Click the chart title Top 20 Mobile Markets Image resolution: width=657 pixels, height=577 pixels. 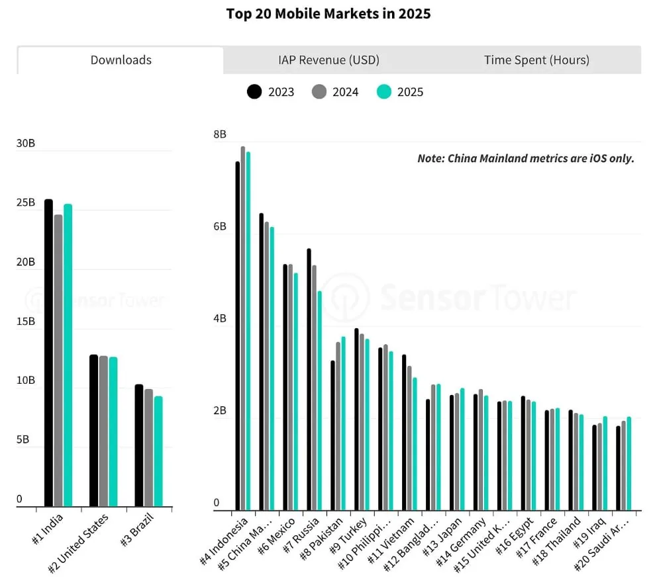(328, 14)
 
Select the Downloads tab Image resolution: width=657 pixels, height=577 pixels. (121, 60)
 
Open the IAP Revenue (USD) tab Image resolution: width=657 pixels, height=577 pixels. (328, 60)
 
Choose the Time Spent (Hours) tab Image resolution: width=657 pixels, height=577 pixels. (536, 60)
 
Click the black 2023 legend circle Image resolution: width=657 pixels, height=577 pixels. (254, 92)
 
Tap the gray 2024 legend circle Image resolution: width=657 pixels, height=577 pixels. (319, 92)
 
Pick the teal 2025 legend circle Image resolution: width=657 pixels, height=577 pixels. (383, 92)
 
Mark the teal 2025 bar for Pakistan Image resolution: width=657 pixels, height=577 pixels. (343, 423)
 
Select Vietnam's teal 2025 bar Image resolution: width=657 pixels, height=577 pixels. (415, 444)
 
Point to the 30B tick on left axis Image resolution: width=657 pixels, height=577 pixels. (26, 144)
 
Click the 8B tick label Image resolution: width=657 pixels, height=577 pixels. (220, 134)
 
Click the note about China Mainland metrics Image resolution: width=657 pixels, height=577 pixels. (525, 158)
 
